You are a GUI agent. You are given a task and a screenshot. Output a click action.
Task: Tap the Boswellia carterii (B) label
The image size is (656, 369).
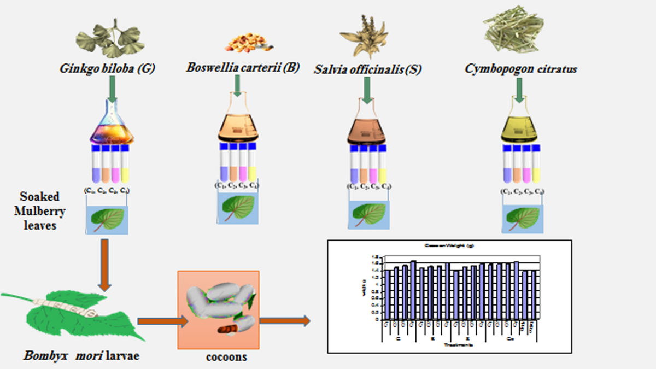pyautogui.click(x=243, y=68)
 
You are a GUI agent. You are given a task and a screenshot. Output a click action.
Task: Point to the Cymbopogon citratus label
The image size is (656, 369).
pyautogui.click(x=521, y=69)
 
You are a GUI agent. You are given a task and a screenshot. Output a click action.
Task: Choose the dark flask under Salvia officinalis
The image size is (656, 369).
pyautogui.click(x=367, y=126)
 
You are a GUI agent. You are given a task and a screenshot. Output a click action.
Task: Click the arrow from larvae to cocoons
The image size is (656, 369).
pyautogui.click(x=156, y=323)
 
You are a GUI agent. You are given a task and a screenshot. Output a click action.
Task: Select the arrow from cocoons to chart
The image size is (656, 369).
pyautogui.click(x=284, y=321)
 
